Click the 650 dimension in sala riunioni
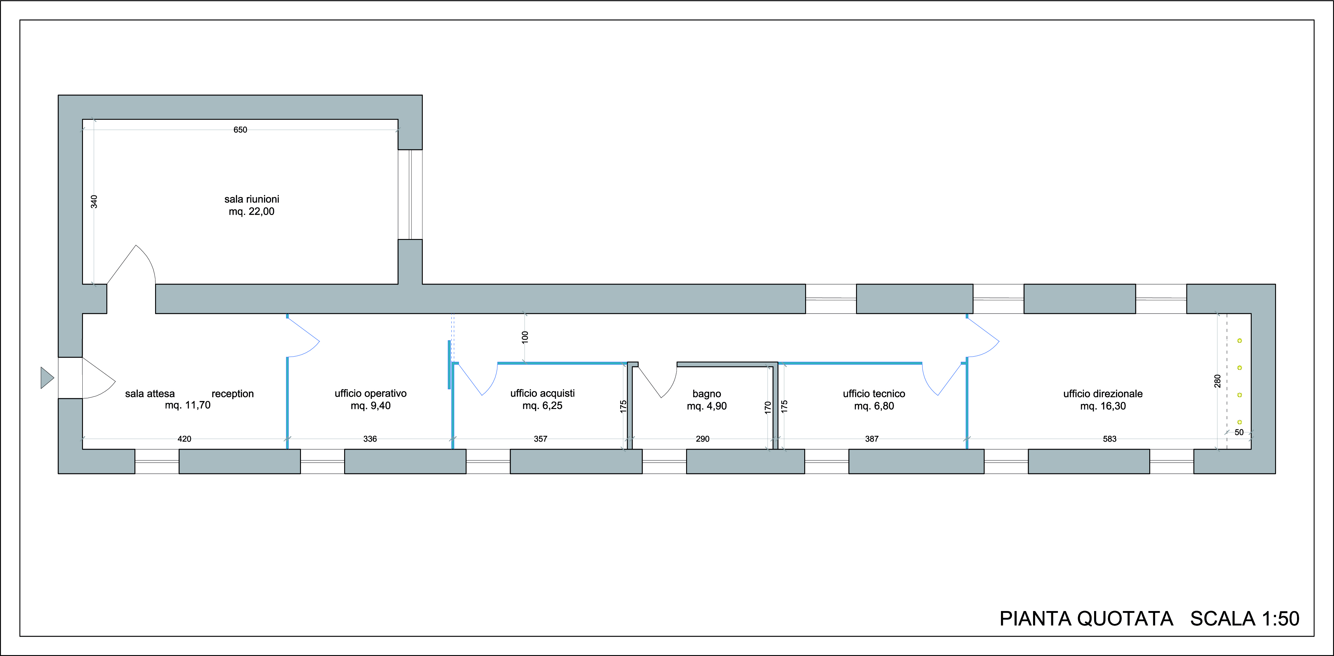coord(240,130)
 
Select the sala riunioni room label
coord(252,199)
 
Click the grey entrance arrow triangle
coord(47,378)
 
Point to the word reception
coord(233,394)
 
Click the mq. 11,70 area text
coord(187,405)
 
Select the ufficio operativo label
coord(371,394)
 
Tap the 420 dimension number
coord(184,439)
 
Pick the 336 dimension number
coord(370,439)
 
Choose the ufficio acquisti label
coord(542,394)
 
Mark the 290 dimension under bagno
coord(702,439)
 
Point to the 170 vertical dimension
coord(768,408)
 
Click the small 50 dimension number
coord(1239,432)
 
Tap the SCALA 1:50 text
coord(1244,619)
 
